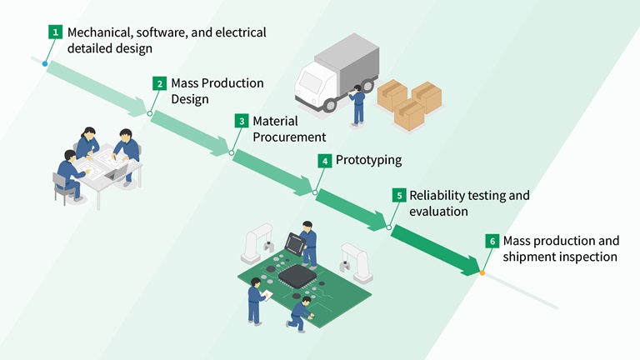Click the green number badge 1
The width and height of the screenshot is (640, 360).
pos(56,32)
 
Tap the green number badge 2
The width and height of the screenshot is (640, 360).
pos(159,83)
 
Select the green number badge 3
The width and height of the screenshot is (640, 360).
pos(241,122)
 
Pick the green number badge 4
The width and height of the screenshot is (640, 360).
pos(324,160)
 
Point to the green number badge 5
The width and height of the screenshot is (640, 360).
pos(399,196)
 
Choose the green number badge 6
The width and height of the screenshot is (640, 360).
pos(492,241)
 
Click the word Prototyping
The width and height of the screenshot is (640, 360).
pos(368,160)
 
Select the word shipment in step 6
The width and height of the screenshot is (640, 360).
pos(530,257)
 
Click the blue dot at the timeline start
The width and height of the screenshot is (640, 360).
pos(45,62)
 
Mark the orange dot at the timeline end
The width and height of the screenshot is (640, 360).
pos(482,272)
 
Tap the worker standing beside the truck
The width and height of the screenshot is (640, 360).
pos(357,105)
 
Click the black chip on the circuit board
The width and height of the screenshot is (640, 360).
pos(296,276)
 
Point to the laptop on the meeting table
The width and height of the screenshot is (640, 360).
pos(117,172)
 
